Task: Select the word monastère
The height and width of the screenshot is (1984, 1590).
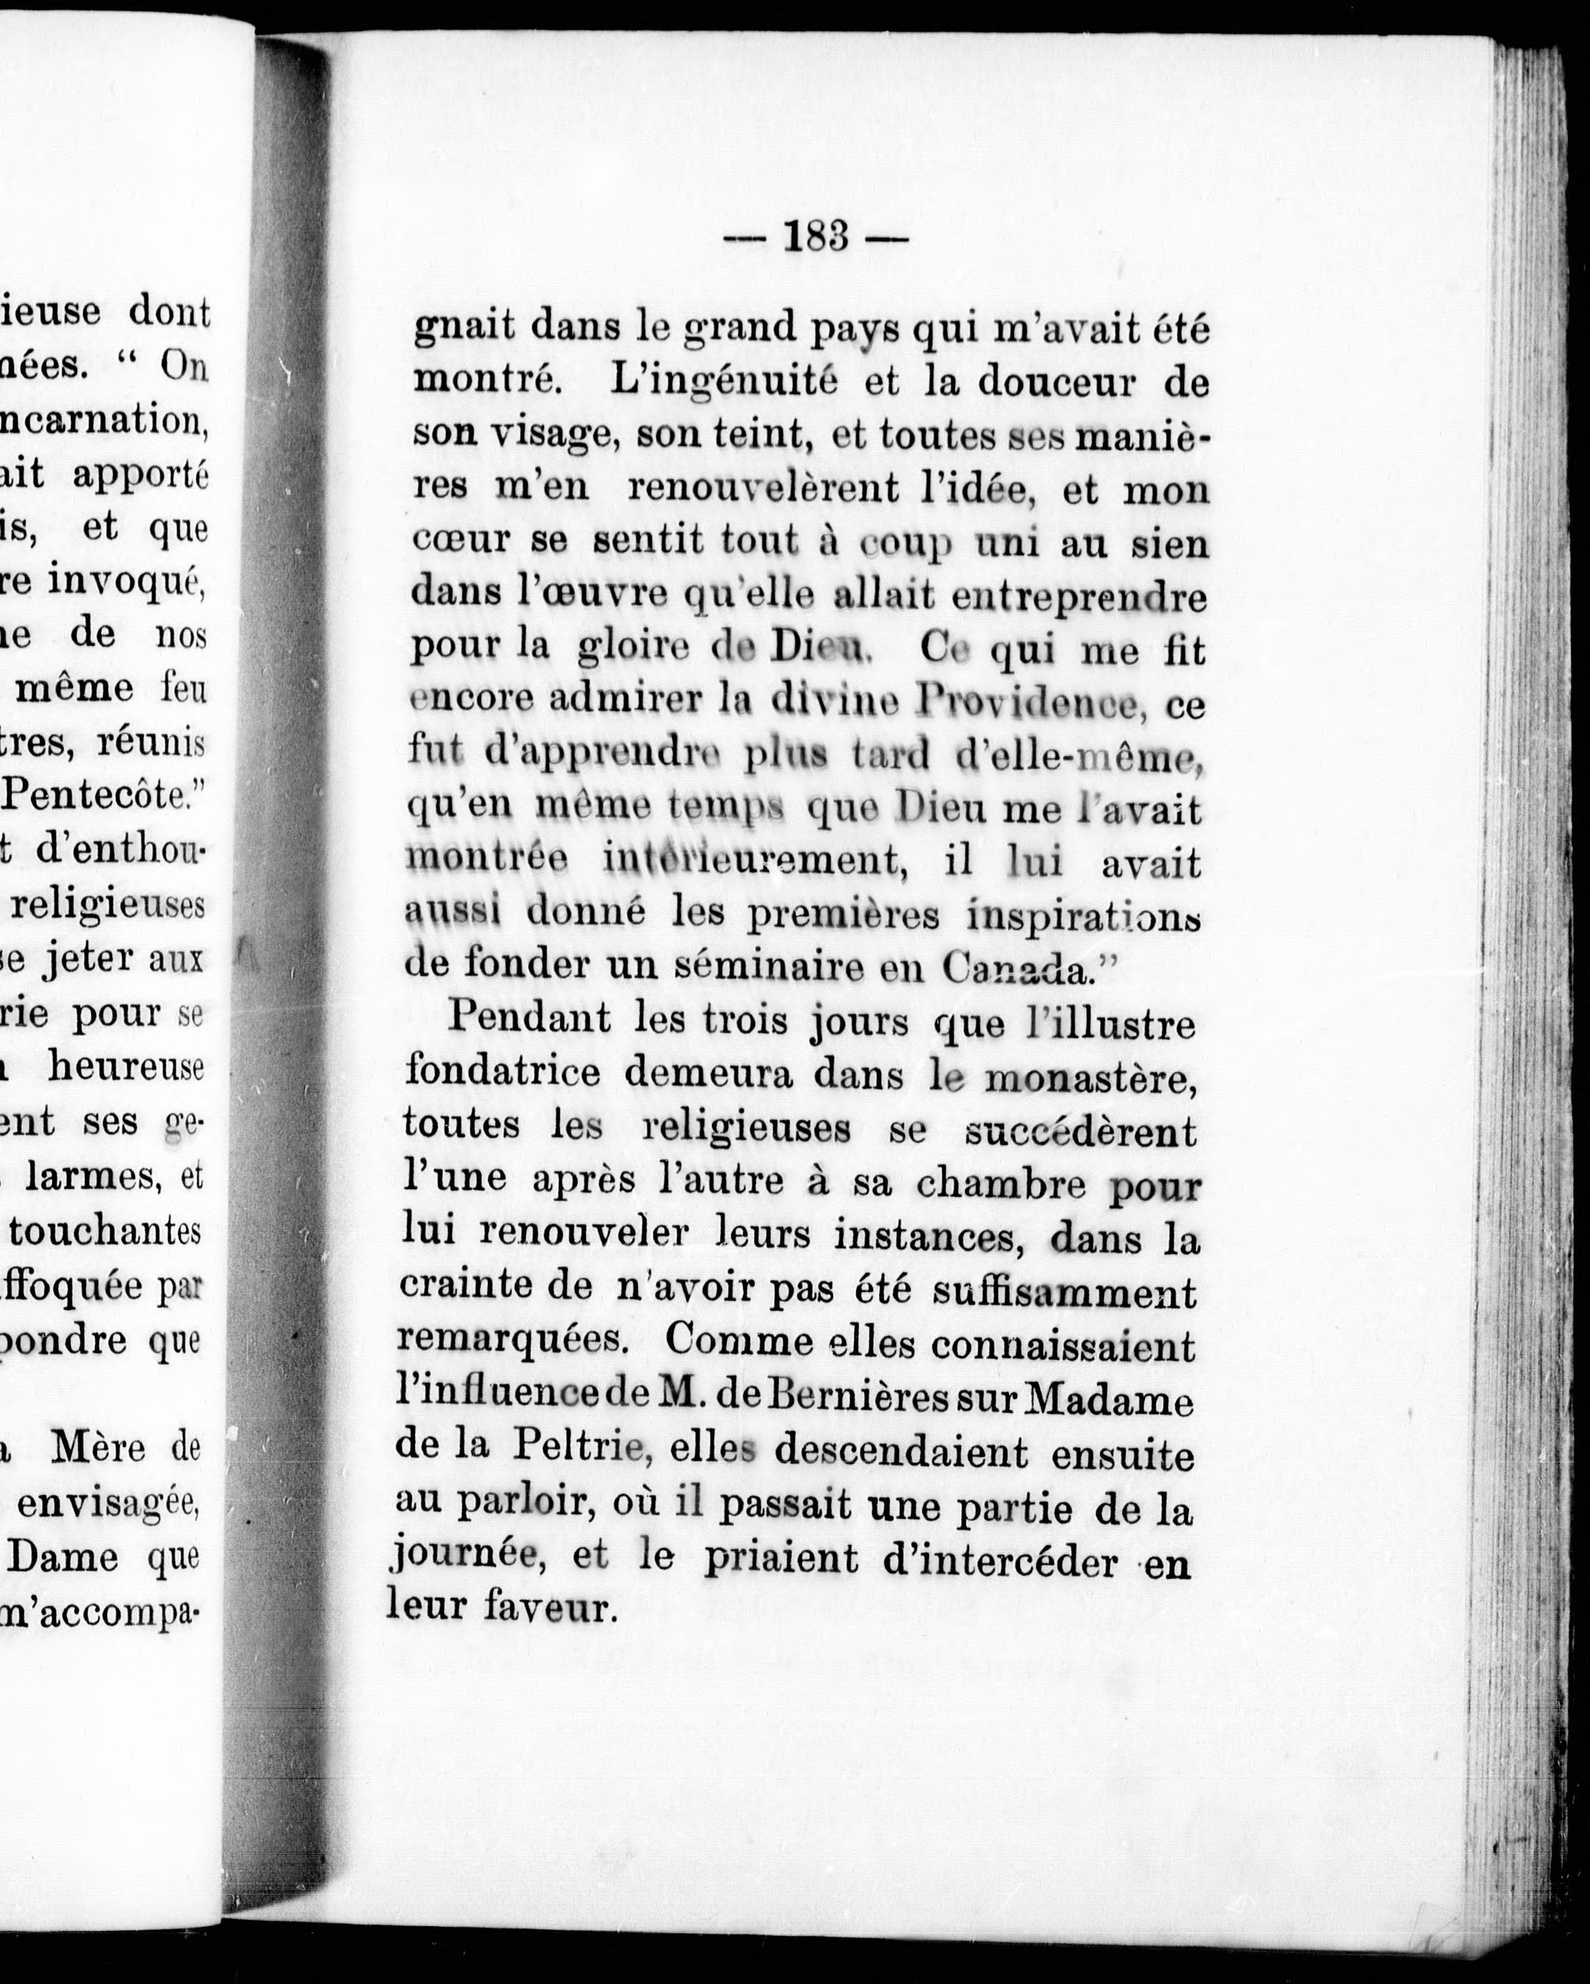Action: [x=1090, y=1076]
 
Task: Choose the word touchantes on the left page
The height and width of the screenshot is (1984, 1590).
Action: [x=106, y=1232]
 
